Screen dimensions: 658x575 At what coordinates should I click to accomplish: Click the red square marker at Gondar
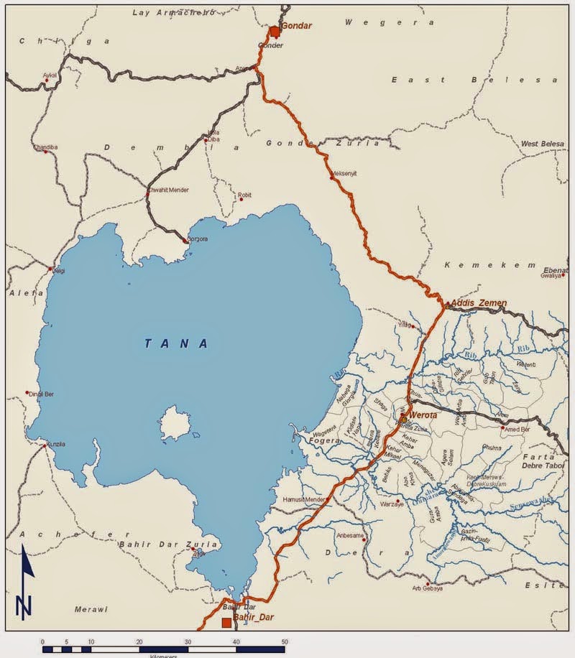tap(274, 31)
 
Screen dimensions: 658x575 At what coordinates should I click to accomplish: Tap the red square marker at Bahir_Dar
tap(226, 622)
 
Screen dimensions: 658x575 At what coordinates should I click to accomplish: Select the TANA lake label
tap(177, 343)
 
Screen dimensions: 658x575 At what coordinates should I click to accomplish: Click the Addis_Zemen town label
tap(479, 303)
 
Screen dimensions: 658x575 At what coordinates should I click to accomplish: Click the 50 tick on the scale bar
tap(285, 641)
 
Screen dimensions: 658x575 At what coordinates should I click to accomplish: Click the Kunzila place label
tap(58, 446)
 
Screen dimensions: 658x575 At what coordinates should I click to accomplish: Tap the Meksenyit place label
tap(344, 174)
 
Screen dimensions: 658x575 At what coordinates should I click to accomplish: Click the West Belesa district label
tap(541, 144)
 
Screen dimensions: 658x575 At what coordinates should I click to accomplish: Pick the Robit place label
tap(245, 195)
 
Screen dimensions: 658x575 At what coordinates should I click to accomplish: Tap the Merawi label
tap(91, 609)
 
